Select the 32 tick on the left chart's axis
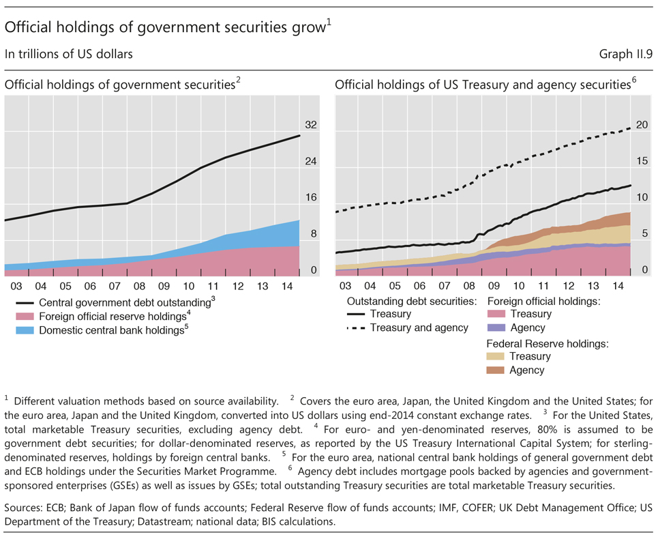[310, 126]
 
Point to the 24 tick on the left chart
[310, 162]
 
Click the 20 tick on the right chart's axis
[641, 126]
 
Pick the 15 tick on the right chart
[641, 162]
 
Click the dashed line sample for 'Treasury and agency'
[355, 328]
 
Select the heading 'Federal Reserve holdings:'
[546, 343]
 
